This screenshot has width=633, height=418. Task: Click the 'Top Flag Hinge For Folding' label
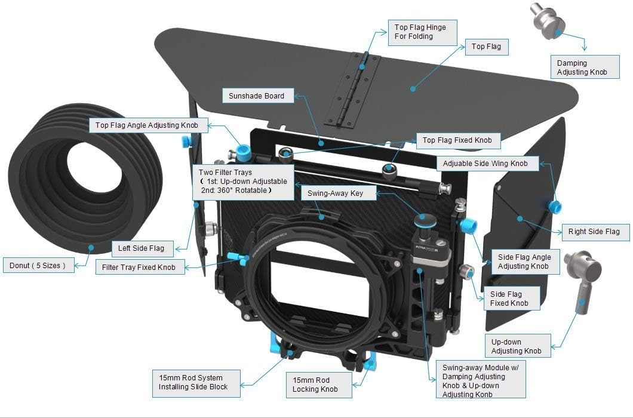(x=420, y=32)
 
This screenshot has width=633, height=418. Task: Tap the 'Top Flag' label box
(x=486, y=47)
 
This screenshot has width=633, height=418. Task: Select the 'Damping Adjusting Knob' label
(x=582, y=67)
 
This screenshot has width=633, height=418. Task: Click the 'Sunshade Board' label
(x=256, y=96)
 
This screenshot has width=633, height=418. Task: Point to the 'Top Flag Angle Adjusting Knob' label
(x=151, y=125)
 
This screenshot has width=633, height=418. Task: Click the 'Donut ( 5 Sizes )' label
(x=42, y=265)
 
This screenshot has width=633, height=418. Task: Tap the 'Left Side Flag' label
(x=142, y=248)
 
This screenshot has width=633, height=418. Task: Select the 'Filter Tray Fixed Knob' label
(x=139, y=267)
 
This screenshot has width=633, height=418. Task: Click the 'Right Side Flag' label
(x=594, y=232)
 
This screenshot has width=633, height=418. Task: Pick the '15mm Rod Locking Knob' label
(x=315, y=385)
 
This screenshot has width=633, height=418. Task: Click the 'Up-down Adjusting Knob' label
(x=516, y=346)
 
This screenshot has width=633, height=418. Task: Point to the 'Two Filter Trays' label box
(x=242, y=181)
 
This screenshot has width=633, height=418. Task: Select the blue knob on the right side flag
(x=555, y=207)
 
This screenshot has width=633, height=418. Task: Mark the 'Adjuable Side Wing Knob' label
(x=485, y=163)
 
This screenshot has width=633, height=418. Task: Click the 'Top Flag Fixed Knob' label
(x=457, y=140)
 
